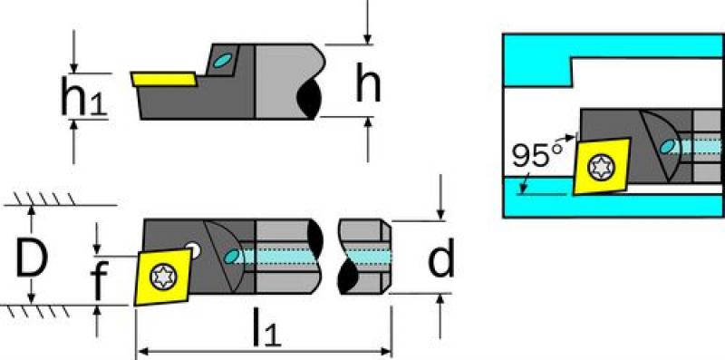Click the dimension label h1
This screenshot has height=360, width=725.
click(84, 96)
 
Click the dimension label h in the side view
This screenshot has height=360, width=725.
click(368, 83)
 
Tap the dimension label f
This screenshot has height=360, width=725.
click(99, 279)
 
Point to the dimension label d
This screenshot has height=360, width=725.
click(441, 258)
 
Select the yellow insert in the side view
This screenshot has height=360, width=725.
click(165, 79)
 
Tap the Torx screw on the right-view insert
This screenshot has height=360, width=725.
click(601, 167)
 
